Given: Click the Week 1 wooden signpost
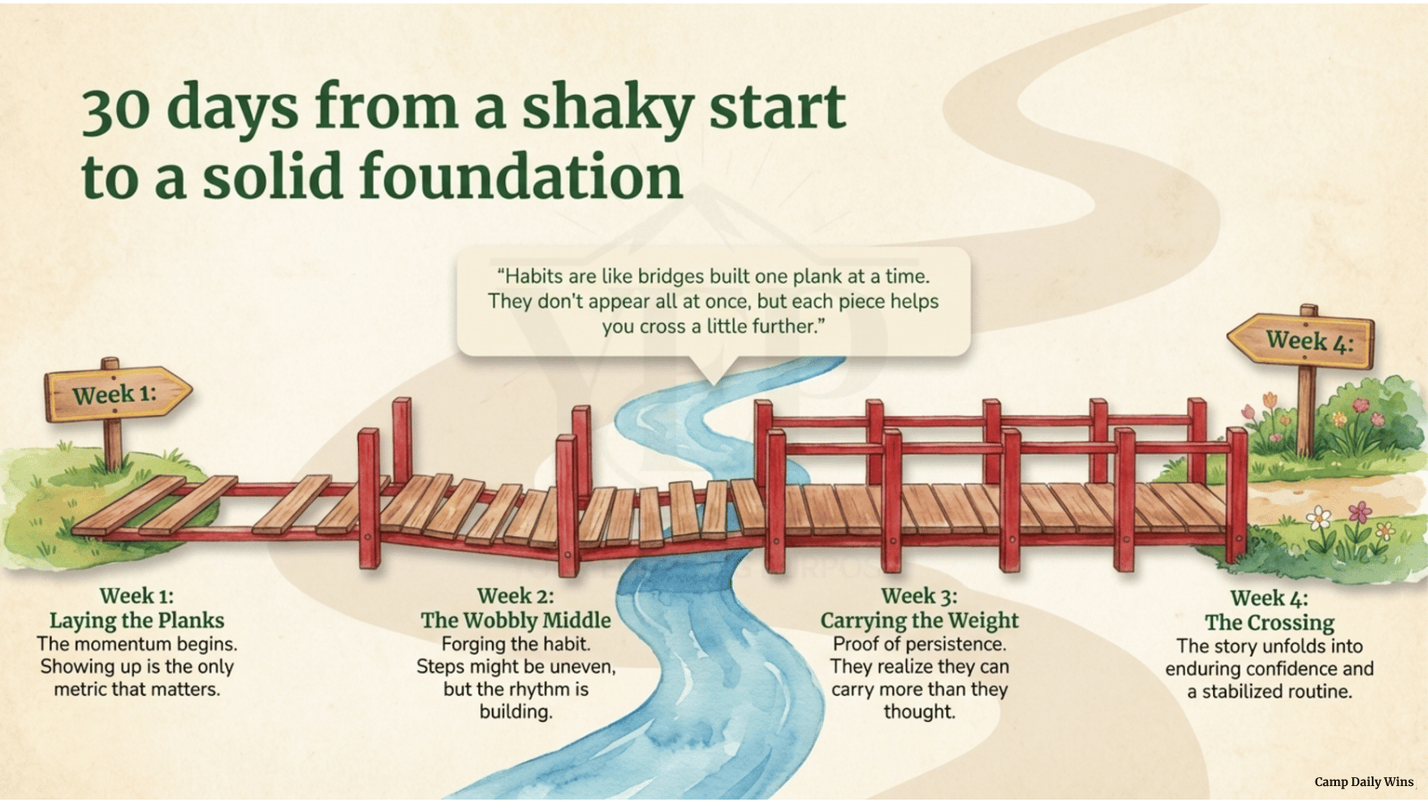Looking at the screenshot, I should [x=116, y=394].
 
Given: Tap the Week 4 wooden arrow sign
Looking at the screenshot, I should [x=1303, y=340].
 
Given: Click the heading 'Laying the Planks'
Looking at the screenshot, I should [x=137, y=620].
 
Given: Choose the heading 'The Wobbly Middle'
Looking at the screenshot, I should [x=516, y=620].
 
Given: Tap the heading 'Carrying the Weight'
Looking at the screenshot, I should [x=919, y=620].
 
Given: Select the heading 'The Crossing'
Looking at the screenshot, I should [x=1269, y=623].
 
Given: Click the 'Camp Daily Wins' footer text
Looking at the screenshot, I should [x=1364, y=782].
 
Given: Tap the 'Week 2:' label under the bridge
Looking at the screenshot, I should [x=515, y=596].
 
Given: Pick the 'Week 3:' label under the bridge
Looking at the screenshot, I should [x=918, y=596].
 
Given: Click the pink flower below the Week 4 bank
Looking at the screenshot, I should [x=1360, y=513].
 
